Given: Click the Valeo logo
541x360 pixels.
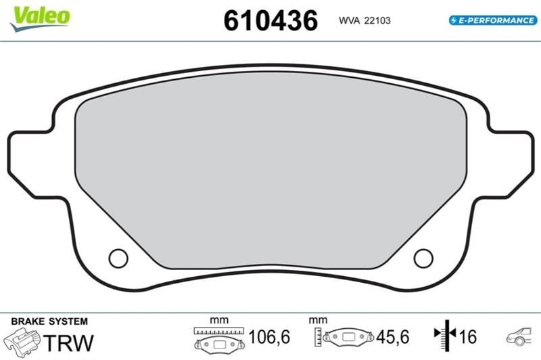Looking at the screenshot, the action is (40, 19).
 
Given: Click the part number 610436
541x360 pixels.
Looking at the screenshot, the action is (270, 21).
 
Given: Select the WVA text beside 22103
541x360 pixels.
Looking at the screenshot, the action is (349, 21).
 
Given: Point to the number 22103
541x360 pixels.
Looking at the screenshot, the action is (377, 21).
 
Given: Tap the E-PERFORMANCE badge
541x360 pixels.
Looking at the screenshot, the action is (493, 20).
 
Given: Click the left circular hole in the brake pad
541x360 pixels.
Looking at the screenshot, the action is (118, 258).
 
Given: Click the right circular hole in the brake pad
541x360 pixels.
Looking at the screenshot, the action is (423, 258).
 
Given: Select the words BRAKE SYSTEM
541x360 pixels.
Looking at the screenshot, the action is (49, 321).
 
